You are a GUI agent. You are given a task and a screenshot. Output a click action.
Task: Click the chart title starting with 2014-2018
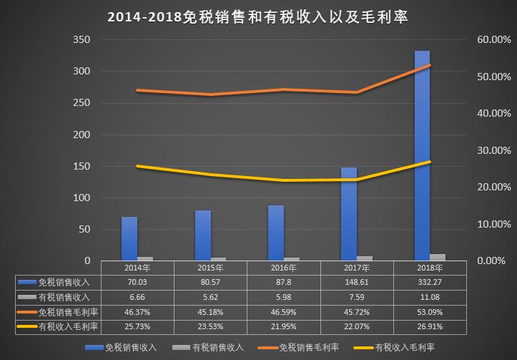tap(257, 16)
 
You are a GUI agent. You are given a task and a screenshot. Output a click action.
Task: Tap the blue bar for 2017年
tap(348, 214)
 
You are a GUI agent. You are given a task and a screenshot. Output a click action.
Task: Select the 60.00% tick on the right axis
tap(493, 40)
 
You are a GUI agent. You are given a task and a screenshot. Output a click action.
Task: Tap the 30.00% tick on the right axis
tap(493, 150)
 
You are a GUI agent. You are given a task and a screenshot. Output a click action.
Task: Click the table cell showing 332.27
tap(430, 282)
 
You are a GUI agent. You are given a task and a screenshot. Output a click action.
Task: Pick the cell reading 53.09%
tap(430, 311)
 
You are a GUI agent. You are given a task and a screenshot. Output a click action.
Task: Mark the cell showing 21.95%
tap(283, 326)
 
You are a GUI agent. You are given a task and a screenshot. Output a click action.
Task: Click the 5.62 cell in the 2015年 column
tap(210, 296)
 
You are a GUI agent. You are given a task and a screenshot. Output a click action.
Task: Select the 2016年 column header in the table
tap(283, 268)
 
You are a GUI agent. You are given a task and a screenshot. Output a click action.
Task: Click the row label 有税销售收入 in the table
tap(64, 296)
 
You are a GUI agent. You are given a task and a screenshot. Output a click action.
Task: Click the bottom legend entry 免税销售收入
tap(123, 347)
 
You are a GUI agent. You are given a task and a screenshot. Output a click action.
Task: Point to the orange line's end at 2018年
tap(430, 65)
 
